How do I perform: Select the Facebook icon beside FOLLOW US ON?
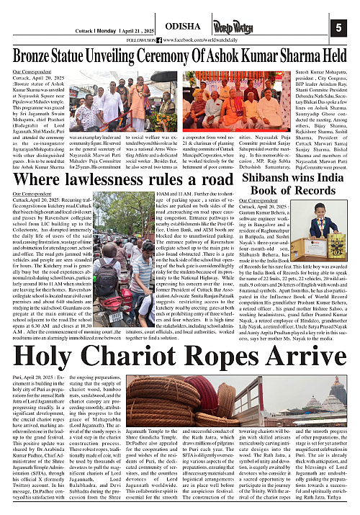pyautogui.click(x=170, y=40)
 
